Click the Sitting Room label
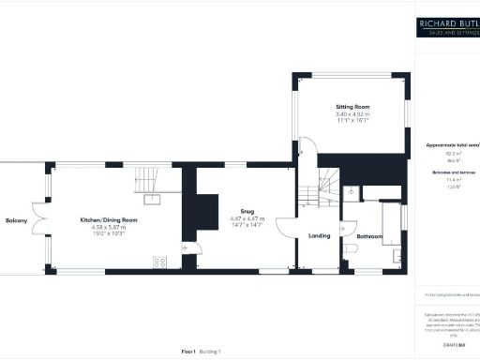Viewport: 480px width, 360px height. (352, 107)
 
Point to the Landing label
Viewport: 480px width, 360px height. (319, 235)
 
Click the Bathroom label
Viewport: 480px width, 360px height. (369, 236)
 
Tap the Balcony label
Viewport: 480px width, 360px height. (16, 220)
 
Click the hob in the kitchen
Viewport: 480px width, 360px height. (160, 263)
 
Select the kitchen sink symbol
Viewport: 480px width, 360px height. (150, 199)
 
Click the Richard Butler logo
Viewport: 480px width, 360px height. (448, 27)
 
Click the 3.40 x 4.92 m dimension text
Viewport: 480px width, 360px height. (352, 113)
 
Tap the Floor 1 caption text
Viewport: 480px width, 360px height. (187, 351)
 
